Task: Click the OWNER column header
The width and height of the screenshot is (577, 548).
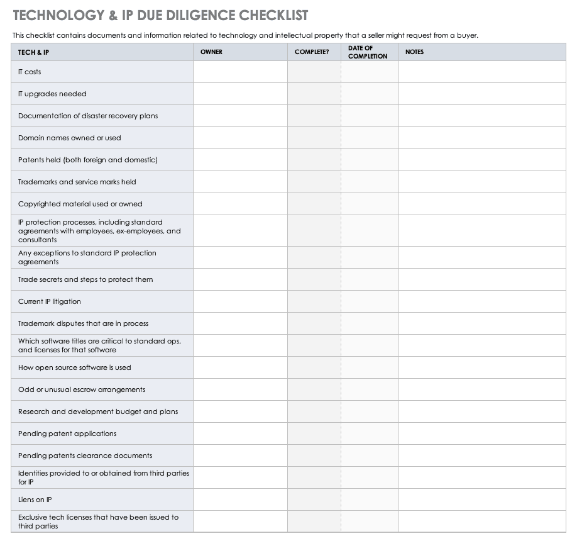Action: click(x=211, y=52)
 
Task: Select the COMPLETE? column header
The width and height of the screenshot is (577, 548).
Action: click(x=311, y=52)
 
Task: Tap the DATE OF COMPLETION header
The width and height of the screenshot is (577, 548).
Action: click(x=368, y=52)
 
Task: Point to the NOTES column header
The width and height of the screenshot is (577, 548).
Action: click(x=414, y=52)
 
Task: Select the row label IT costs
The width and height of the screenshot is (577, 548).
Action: click(x=30, y=72)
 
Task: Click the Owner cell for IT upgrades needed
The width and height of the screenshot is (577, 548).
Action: click(x=240, y=94)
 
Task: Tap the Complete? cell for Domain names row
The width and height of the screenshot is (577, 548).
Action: click(x=314, y=138)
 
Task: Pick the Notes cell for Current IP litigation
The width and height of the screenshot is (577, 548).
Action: click(x=481, y=301)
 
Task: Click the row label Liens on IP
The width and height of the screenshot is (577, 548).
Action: click(x=35, y=500)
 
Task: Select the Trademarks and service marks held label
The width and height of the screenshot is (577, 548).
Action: click(x=77, y=182)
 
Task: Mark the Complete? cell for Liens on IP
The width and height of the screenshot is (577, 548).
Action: click(x=314, y=500)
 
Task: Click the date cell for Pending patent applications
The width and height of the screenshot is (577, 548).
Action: click(x=370, y=433)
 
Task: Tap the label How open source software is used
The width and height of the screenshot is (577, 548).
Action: click(x=74, y=367)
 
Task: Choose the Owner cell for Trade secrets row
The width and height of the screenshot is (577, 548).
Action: click(x=240, y=279)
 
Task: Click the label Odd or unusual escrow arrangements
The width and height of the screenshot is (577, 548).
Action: click(x=82, y=389)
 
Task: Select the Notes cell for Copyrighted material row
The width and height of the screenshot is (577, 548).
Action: click(x=481, y=204)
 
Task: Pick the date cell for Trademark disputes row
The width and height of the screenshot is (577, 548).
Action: click(x=370, y=323)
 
